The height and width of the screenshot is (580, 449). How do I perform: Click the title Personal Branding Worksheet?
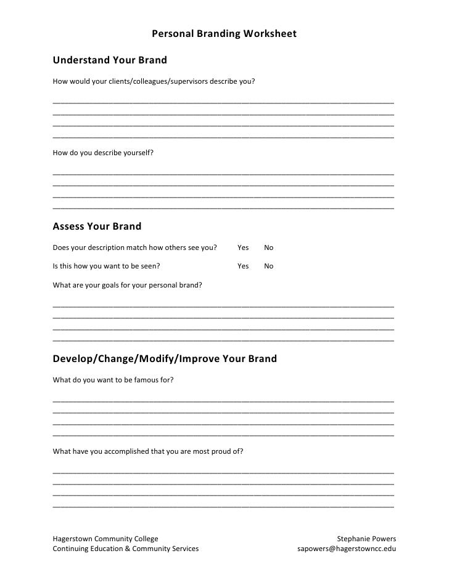[x=224, y=33]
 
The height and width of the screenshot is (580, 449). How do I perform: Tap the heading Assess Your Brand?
[x=97, y=226]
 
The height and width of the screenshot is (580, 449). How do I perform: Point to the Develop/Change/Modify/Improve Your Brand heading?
[x=165, y=358]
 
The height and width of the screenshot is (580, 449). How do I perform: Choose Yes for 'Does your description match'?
[x=243, y=248]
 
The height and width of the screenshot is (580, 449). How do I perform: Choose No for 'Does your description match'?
[x=268, y=248]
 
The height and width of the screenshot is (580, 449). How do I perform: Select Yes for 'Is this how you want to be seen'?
[x=243, y=266]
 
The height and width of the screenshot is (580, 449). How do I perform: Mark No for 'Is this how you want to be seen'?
[x=268, y=266]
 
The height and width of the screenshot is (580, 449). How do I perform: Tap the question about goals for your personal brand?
[x=128, y=285]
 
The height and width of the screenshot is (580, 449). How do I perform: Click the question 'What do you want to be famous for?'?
[x=113, y=380]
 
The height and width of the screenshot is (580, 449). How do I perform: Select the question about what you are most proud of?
[x=148, y=451]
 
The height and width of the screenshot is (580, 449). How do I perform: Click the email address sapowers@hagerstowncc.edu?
[x=347, y=549]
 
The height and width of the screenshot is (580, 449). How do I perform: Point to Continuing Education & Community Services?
[x=126, y=549]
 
